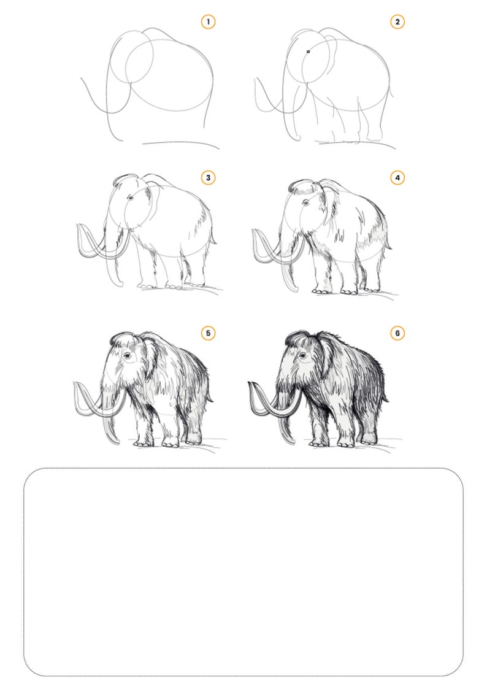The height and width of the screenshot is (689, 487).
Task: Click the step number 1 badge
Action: (x=208, y=22)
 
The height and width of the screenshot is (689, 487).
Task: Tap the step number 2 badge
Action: (x=397, y=22)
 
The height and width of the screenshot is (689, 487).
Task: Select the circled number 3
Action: (x=208, y=178)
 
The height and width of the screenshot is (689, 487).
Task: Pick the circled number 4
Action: (x=397, y=178)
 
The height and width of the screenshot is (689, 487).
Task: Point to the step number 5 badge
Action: (x=208, y=333)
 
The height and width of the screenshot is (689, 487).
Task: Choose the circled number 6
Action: (x=397, y=333)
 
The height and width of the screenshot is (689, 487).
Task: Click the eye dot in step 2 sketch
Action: (x=308, y=52)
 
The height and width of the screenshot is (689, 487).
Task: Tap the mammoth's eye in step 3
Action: (x=130, y=198)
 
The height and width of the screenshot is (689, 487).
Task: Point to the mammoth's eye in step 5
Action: (x=127, y=355)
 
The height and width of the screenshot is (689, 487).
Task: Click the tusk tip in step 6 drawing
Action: (x=250, y=384)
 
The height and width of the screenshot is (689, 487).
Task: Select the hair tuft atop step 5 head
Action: (x=123, y=337)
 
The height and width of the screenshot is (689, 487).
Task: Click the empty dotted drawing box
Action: (x=243, y=572)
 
